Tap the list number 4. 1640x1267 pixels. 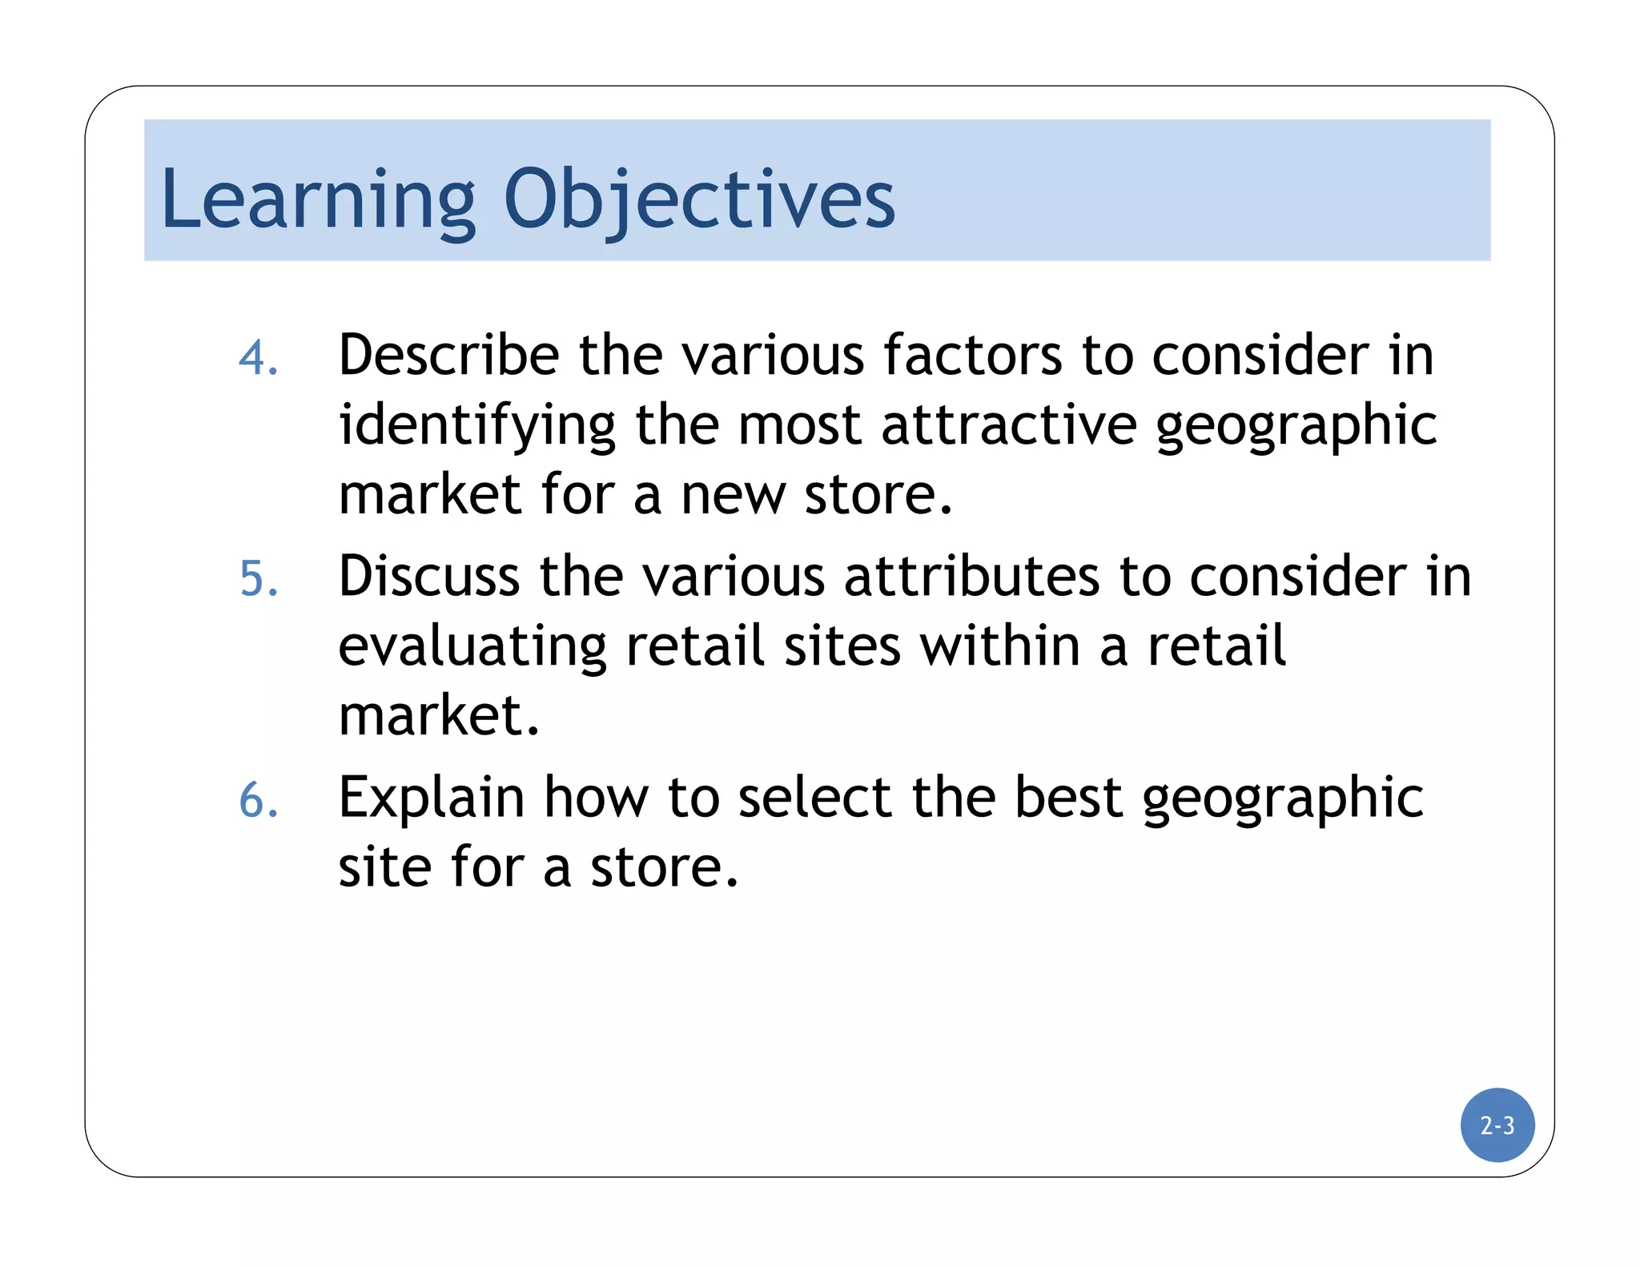pos(258,357)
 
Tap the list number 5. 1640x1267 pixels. pos(258,578)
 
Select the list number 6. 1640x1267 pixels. pos(258,800)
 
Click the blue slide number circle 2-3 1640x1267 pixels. pos(1497,1124)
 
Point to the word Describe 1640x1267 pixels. pos(448,355)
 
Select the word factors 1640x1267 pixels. pos(973,355)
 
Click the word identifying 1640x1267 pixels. pos(477,425)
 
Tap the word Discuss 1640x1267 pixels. pos(429,577)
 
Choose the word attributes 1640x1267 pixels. pos(972,577)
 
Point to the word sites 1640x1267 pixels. pos(842,646)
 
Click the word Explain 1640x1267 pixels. pos(432,798)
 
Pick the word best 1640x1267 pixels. pos(1068,798)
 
